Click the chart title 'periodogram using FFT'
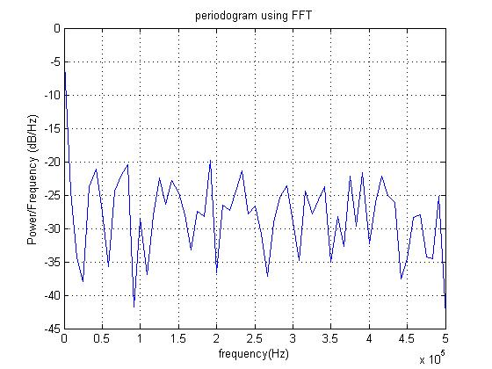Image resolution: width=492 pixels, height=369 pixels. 253,16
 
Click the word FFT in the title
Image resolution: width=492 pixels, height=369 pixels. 301,15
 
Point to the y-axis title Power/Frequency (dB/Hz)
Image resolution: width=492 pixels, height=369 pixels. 33,179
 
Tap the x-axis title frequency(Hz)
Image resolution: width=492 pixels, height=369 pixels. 254,353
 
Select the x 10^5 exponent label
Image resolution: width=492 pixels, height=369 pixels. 432,358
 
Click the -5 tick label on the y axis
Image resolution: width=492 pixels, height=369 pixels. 55,61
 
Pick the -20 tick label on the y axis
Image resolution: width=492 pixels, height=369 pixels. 53,162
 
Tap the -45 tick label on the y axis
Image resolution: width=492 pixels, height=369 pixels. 53,329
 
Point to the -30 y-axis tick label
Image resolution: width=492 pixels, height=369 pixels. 53,228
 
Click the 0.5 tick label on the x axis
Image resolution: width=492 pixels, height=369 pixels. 102,338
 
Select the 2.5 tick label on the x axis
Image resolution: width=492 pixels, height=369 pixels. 255,338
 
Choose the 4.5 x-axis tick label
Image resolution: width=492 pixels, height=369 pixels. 408,338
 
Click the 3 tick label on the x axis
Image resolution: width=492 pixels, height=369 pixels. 293,338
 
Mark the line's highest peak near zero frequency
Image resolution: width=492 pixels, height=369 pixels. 65,72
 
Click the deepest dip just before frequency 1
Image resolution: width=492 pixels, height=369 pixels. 134,307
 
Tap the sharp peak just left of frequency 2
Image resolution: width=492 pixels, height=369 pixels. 210,160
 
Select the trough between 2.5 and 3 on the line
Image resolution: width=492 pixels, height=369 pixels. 267,276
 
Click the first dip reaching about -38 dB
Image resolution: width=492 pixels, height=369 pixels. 83,281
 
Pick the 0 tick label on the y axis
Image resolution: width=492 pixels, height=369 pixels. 57,28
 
